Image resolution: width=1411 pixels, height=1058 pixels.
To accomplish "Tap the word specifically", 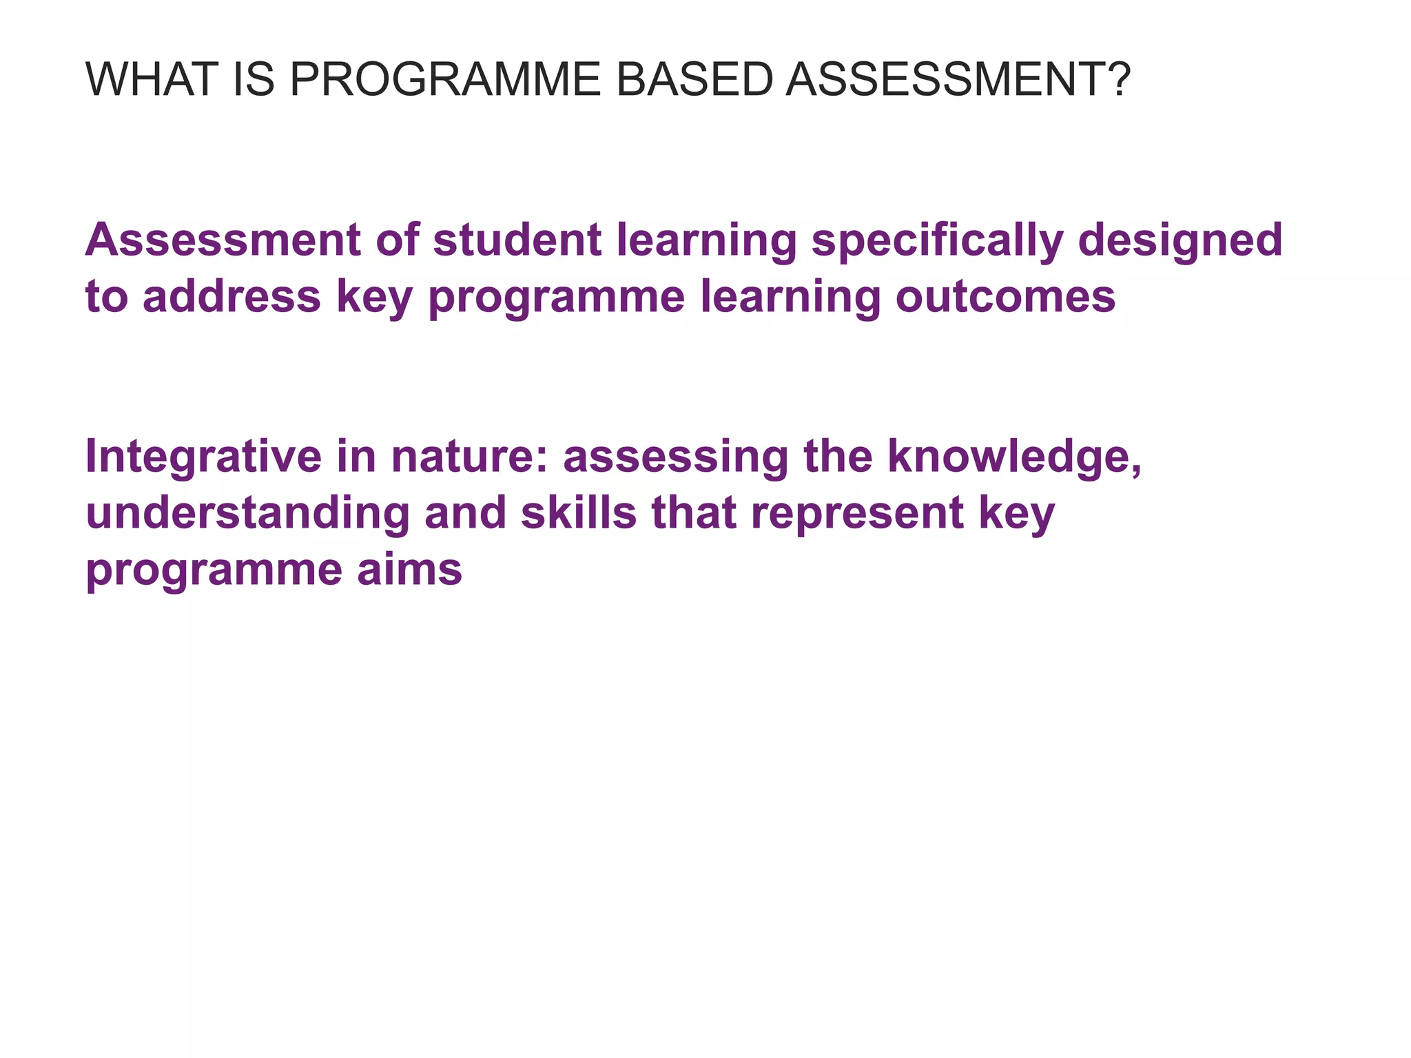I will pyautogui.click(x=936, y=241).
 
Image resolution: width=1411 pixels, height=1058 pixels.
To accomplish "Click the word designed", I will pyautogui.click(x=1180, y=241).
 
